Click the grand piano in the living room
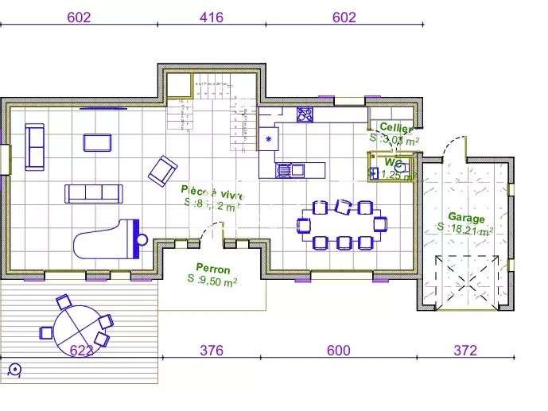pyautogui.click(x=103, y=238)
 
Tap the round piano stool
pyautogui.click(x=142, y=239)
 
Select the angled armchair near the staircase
pyautogui.click(x=163, y=169)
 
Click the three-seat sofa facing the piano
pyautogui.click(x=94, y=192)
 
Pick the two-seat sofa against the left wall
pyautogui.click(x=35, y=146)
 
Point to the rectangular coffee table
pyautogui.click(x=98, y=142)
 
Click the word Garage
pyautogui.click(x=466, y=217)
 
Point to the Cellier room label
pyautogui.click(x=395, y=127)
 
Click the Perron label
pyautogui.click(x=213, y=269)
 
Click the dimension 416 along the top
pyautogui.click(x=211, y=17)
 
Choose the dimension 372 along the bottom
pyautogui.click(x=466, y=349)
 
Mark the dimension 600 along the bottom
pyautogui.click(x=339, y=349)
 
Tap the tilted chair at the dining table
pyautogui.click(x=344, y=207)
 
